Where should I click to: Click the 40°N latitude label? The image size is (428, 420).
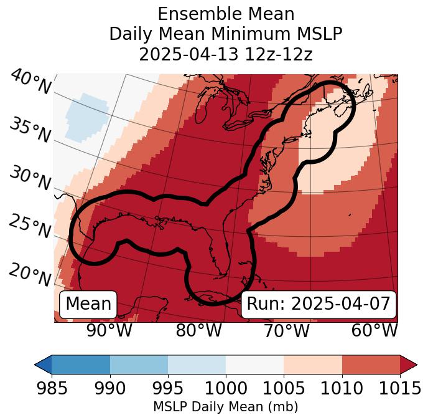(x=30, y=82)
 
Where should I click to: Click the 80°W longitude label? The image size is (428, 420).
(x=198, y=330)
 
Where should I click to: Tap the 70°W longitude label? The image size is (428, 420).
(x=287, y=330)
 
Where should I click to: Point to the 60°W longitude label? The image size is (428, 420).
(x=374, y=330)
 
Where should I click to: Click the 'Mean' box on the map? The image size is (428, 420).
(x=88, y=304)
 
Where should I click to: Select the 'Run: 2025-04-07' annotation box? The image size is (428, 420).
(x=319, y=304)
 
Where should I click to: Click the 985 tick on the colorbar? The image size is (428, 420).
(x=52, y=388)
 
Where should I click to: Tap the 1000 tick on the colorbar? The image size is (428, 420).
(x=226, y=388)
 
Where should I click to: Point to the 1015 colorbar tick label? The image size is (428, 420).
(x=399, y=388)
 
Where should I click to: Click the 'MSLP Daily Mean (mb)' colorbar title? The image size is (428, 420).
(x=226, y=408)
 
